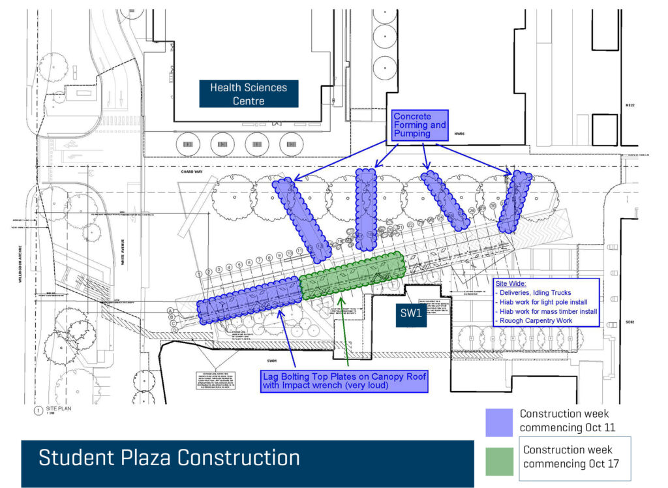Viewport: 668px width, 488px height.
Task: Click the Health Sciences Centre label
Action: tap(249, 94)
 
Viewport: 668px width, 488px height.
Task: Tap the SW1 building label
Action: tap(411, 313)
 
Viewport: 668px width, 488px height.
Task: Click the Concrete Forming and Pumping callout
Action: tap(420, 125)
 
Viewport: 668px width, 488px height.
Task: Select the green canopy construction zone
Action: tap(353, 275)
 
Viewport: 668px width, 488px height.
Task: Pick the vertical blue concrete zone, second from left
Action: tap(366, 209)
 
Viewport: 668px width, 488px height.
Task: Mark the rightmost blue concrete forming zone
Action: tap(515, 202)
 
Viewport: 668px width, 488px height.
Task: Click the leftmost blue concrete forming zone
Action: tap(301, 217)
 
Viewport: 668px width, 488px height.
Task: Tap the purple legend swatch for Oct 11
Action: tap(499, 422)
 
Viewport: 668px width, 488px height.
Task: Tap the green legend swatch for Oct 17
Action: tap(499, 461)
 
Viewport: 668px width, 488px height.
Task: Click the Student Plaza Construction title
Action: tap(169, 457)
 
